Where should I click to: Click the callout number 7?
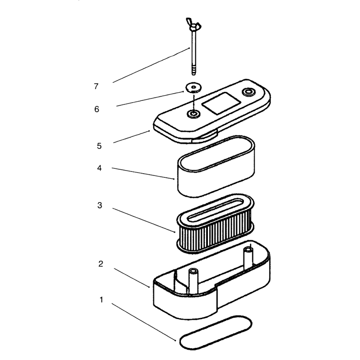pos(96,86)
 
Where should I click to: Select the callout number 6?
pos(97,109)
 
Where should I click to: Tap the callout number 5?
pos(99,146)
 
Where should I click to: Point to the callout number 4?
pos(99,168)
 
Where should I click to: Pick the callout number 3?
pos(99,205)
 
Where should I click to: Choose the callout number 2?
pos(100,264)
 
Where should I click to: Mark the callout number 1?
pos(101,300)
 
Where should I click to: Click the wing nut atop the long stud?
pos(193,25)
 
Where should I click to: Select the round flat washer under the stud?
pos(193,87)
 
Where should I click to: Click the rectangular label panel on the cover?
pos(220,103)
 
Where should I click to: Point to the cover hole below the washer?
pos(193,113)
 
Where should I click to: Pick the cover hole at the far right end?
pos(249,92)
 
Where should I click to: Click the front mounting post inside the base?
pos(193,281)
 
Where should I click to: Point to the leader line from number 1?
pos(144,322)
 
